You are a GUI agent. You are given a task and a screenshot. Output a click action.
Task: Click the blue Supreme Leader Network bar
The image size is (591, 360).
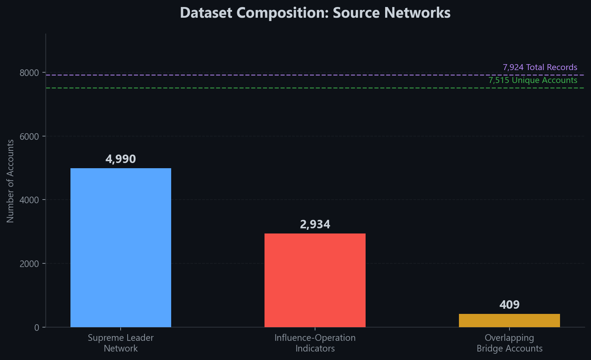click(x=121, y=247)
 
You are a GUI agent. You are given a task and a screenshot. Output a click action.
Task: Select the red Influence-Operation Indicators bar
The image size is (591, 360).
click(x=315, y=280)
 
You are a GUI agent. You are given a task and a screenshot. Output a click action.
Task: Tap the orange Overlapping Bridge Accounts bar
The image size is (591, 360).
click(x=509, y=320)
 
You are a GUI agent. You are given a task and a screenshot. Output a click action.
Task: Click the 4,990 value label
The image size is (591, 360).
click(x=121, y=159)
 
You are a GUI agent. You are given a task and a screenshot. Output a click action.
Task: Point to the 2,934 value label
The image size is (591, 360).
click(x=315, y=224)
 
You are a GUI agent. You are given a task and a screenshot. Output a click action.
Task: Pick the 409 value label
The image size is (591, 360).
click(x=509, y=305)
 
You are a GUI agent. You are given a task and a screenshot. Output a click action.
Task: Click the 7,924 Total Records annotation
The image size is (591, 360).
click(x=540, y=67)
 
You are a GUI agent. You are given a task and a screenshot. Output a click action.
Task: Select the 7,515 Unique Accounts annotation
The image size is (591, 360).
click(x=532, y=80)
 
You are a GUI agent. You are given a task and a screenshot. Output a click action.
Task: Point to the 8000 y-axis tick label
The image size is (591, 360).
click(x=29, y=73)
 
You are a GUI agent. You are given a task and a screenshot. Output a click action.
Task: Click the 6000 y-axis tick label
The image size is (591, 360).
click(x=29, y=136)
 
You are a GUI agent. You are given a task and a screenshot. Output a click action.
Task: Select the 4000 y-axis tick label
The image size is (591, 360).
click(x=29, y=200)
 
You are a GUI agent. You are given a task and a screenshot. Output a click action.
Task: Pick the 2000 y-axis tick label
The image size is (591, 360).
click(x=29, y=264)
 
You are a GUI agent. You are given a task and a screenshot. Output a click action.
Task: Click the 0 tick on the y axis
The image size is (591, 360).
click(x=36, y=327)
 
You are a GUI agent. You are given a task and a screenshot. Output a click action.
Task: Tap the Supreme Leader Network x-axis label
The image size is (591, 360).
click(x=121, y=343)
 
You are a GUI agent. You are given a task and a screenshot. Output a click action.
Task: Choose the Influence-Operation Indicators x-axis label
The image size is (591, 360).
click(x=315, y=343)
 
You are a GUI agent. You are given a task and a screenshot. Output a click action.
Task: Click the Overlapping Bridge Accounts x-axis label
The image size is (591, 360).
click(x=509, y=343)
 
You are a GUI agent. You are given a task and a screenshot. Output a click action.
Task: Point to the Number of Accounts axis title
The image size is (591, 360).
click(x=10, y=181)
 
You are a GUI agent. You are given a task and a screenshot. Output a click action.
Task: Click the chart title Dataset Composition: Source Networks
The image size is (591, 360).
click(x=315, y=13)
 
